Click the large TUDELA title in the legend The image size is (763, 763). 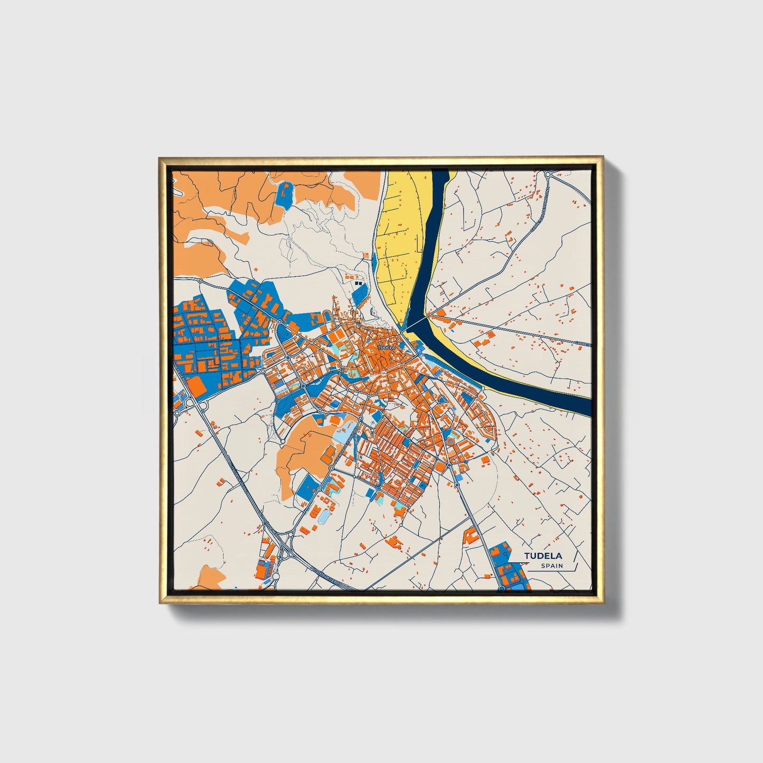click(543, 555)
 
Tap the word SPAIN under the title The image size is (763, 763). click(552, 566)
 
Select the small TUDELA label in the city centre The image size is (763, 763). click(386, 348)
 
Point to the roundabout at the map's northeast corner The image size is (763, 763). click(549, 174)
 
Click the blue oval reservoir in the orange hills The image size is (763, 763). click(284, 194)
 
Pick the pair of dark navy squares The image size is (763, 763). click(359, 284)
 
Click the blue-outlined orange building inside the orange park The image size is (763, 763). click(327, 454)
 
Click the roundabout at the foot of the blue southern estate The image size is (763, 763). click(502, 588)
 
